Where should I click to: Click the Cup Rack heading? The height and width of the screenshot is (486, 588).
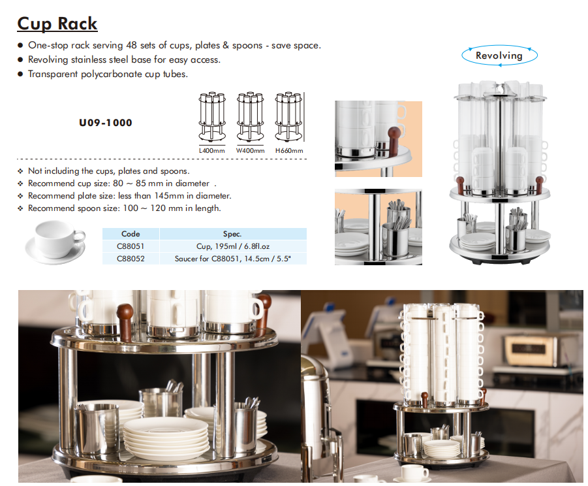57,24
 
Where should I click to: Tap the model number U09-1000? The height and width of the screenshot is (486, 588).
105,123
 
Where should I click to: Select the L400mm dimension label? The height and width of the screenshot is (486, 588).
212,150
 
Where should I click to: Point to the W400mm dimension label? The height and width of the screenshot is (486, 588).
250,150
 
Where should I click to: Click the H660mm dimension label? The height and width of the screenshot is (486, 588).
289,150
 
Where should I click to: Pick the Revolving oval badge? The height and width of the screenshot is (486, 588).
499,56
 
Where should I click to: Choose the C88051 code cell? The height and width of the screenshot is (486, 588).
131,246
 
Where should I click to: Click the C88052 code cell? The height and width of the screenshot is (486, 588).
131,259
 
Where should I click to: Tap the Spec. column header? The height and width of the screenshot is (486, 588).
232,234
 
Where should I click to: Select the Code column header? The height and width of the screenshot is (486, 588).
131,234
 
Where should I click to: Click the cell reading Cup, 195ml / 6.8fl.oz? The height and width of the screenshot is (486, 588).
233,246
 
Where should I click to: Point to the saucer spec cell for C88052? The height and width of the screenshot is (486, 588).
233,259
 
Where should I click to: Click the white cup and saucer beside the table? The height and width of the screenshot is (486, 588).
56,242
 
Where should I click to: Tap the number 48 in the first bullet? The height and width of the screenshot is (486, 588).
131,45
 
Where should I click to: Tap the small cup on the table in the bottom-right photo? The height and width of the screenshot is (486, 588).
414,472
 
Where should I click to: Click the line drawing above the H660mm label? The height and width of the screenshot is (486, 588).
288,116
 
